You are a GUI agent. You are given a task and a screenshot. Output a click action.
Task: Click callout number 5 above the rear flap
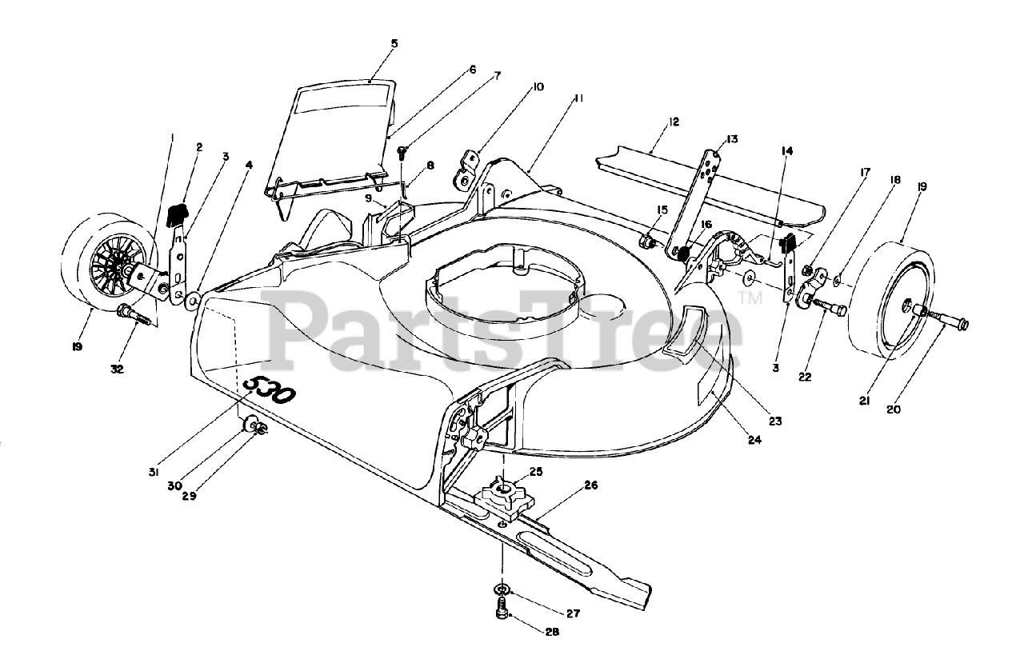tap(394, 43)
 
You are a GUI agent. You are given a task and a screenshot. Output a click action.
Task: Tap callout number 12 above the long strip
tap(674, 122)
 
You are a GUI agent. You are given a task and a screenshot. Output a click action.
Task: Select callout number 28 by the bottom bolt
tap(551, 632)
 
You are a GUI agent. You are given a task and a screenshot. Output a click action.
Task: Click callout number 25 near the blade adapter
tap(535, 472)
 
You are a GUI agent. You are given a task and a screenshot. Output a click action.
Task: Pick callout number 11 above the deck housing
tap(577, 98)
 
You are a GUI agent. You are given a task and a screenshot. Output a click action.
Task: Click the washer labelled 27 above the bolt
tap(501, 590)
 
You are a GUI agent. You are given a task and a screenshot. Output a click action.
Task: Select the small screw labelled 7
tap(402, 150)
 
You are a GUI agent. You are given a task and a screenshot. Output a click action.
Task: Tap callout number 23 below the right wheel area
tap(774, 421)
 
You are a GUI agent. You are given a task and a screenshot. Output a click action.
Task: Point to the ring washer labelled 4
tap(191, 302)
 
